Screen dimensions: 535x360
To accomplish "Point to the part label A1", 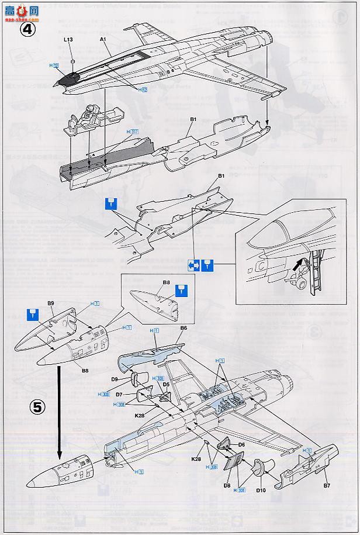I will click(x=103, y=39).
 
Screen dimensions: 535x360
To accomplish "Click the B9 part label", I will click(x=51, y=303).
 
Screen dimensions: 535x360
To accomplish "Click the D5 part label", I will click(x=166, y=384).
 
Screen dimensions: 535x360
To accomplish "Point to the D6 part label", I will click(x=241, y=445).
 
